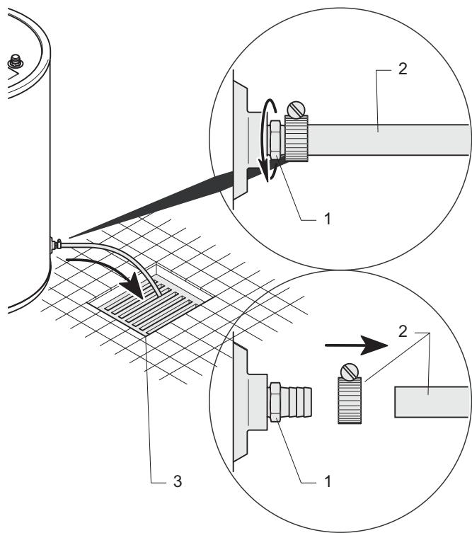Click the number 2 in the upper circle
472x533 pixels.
(403, 69)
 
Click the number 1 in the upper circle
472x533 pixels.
(328, 219)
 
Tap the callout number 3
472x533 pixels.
(178, 481)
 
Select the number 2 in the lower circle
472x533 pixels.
(403, 331)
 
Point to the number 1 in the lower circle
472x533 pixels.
(328, 481)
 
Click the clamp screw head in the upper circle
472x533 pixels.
(296, 110)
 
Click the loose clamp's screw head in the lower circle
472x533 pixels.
(350, 372)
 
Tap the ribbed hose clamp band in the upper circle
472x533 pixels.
(297, 138)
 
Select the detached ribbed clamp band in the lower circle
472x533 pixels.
(350, 401)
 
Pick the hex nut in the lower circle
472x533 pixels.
(275, 402)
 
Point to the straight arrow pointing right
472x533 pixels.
(356, 345)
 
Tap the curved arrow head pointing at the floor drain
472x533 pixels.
(135, 285)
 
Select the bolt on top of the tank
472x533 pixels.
(16, 62)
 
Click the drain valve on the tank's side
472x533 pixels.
(55, 245)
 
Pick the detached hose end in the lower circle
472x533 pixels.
(432, 402)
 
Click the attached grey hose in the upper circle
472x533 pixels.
(388, 140)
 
